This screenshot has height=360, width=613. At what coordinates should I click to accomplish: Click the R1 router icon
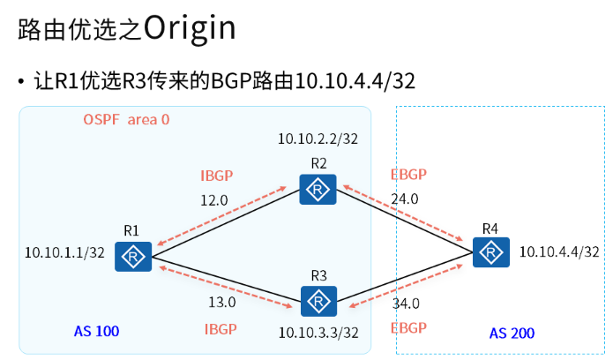133,257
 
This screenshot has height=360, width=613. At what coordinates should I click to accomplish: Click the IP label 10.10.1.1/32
66,252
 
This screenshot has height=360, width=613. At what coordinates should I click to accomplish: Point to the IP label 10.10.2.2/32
318,138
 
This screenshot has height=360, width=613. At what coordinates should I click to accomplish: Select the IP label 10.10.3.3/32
318,333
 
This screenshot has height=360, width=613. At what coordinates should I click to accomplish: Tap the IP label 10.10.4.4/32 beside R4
560,252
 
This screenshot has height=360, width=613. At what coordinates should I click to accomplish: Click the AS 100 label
97,332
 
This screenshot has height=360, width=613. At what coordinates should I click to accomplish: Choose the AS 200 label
512,334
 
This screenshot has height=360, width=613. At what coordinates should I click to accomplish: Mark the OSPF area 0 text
125,119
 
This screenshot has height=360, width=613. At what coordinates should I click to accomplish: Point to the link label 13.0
221,303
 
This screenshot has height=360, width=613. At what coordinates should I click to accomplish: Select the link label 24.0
404,199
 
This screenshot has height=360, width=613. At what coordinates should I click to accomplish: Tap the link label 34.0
406,304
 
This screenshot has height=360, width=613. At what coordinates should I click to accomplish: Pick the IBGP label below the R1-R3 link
221,328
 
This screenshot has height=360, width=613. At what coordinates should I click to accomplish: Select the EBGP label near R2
407,175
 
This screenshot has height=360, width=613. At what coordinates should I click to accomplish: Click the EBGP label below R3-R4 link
407,328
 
